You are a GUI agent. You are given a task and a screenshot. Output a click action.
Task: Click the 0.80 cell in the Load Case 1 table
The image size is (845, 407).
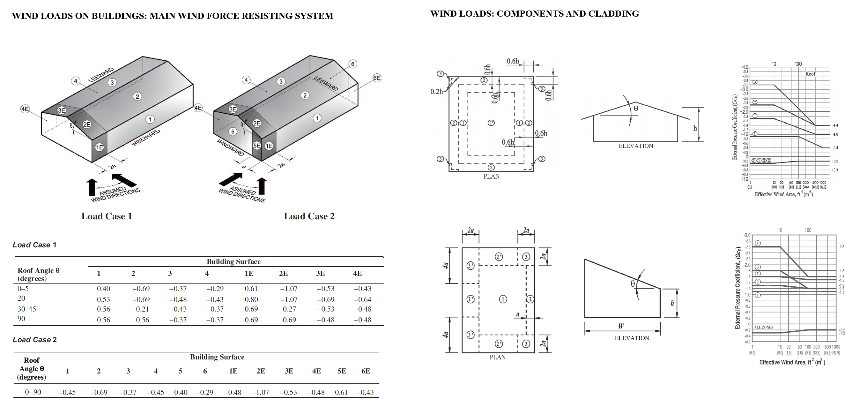(x=251, y=299)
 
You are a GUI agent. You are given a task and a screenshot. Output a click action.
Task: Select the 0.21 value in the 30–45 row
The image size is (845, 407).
(x=142, y=309)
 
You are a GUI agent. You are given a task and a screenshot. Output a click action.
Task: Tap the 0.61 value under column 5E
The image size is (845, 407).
(x=341, y=392)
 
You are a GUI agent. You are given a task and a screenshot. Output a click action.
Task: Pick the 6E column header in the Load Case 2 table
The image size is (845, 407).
(x=366, y=371)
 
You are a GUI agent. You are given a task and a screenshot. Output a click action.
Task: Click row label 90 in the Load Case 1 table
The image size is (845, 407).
(x=21, y=319)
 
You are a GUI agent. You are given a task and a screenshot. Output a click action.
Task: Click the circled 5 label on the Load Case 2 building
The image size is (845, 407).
(x=233, y=132)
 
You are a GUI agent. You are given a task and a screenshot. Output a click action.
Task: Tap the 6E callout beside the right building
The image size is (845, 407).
(x=377, y=78)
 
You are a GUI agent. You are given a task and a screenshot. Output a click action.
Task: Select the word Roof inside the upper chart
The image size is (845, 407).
(x=810, y=74)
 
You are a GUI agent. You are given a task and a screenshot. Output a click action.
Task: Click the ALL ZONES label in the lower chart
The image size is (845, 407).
(x=763, y=327)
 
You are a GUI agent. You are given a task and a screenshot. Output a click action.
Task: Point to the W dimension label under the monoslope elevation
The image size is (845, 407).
(x=621, y=326)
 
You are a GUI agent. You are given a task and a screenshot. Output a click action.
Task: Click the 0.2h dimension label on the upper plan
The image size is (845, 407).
(x=437, y=92)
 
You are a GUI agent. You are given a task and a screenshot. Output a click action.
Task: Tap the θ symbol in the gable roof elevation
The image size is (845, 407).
(x=636, y=109)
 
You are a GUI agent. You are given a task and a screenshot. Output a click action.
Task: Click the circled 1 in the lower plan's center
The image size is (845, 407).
(x=503, y=299)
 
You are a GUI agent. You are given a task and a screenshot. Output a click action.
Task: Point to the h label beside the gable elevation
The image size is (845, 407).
(x=695, y=128)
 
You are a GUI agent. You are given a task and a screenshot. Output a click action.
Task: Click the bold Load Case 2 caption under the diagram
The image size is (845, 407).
(x=309, y=216)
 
